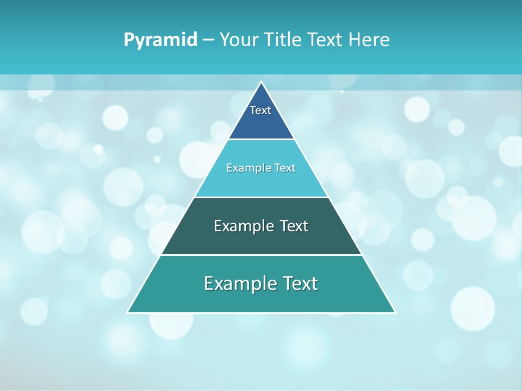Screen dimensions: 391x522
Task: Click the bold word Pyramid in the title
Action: pyautogui.click(x=160, y=40)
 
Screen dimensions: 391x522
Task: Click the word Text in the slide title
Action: pyautogui.click(x=325, y=40)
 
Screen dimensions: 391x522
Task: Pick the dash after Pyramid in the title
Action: pyautogui.click(x=208, y=40)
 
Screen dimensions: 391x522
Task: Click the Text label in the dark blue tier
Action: pyautogui.click(x=260, y=110)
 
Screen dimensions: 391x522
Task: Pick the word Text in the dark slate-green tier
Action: pyautogui.click(x=294, y=226)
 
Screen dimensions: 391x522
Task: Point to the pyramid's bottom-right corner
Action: pyautogui.click(x=395, y=312)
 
